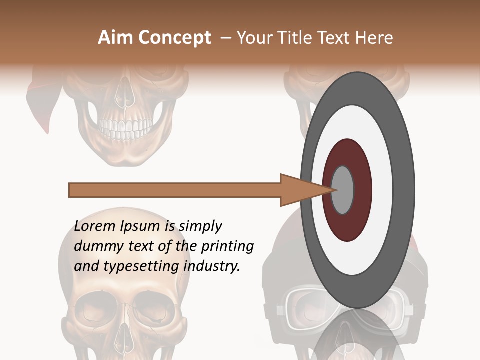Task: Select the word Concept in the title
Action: click(x=175, y=38)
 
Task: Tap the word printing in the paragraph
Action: click(x=227, y=246)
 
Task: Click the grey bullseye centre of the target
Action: click(x=343, y=190)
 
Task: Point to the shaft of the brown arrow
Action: click(x=175, y=190)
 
